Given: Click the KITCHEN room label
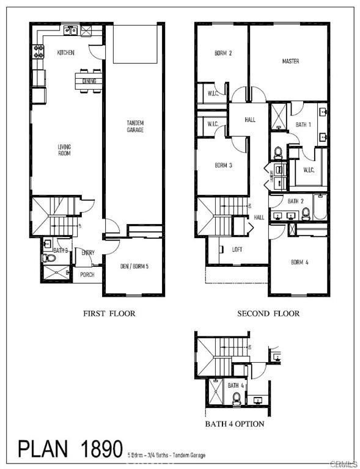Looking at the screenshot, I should pyautogui.click(x=65, y=53).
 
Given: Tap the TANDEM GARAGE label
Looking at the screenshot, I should pyautogui.click(x=135, y=127).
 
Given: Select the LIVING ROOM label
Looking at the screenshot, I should pyautogui.click(x=64, y=150).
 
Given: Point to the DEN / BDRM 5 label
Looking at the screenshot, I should pyautogui.click(x=134, y=266).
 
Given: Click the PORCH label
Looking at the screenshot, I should pyautogui.click(x=87, y=275).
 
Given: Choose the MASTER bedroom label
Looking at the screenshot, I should pyautogui.click(x=290, y=62).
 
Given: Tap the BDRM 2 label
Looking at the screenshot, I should pyautogui.click(x=223, y=53).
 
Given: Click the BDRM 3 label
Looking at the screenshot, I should pyautogui.click(x=222, y=165).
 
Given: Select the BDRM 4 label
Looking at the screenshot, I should pyautogui.click(x=299, y=263).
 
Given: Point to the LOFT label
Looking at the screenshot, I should pyautogui.click(x=237, y=249).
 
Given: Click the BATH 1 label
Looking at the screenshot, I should pyautogui.click(x=304, y=125).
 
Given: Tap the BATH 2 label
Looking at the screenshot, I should pyautogui.click(x=296, y=201).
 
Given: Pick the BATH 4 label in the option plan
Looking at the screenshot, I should pyautogui.click(x=236, y=386).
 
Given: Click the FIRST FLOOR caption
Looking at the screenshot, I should pyautogui.click(x=109, y=314).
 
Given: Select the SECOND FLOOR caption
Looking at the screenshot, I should pyautogui.click(x=269, y=314).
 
